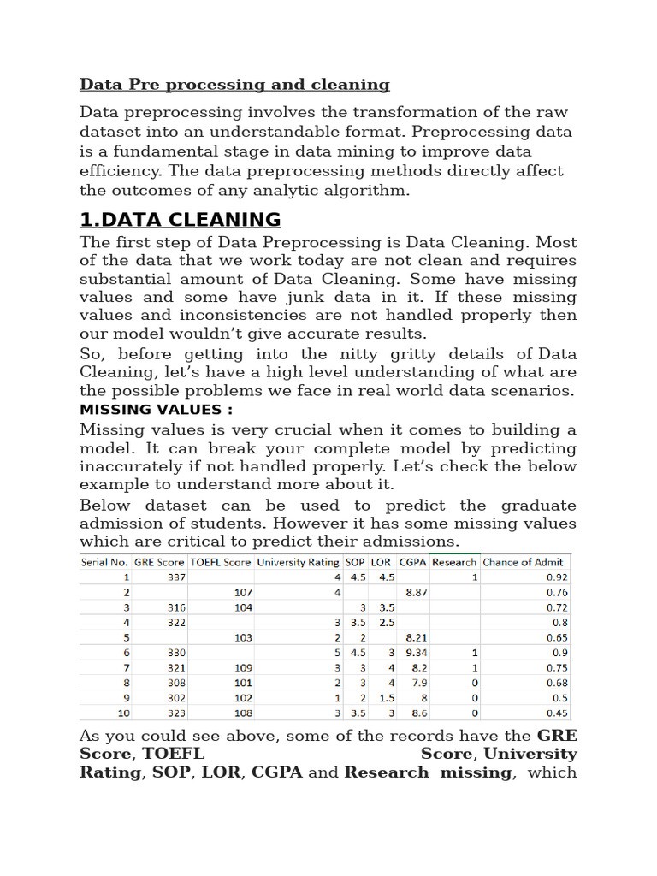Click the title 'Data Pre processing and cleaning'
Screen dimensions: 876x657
click(x=234, y=85)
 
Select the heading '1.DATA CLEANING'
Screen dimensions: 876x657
click(x=180, y=219)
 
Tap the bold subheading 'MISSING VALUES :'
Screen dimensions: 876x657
click(x=157, y=409)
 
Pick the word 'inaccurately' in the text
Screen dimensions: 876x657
click(x=128, y=466)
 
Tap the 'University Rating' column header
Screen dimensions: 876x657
click(x=298, y=562)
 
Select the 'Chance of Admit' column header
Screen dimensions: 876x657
click(x=524, y=562)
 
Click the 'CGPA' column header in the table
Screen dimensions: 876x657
click(x=413, y=562)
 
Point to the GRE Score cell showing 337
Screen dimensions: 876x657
click(x=176, y=577)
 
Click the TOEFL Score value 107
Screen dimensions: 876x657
click(x=243, y=592)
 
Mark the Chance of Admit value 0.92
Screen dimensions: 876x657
click(x=557, y=577)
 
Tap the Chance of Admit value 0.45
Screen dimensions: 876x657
click(x=557, y=713)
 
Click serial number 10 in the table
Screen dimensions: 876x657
click(x=123, y=713)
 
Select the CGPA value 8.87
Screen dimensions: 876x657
click(x=417, y=592)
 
